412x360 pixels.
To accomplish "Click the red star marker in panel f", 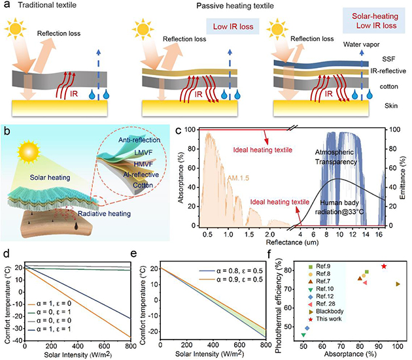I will pos(384,267).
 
